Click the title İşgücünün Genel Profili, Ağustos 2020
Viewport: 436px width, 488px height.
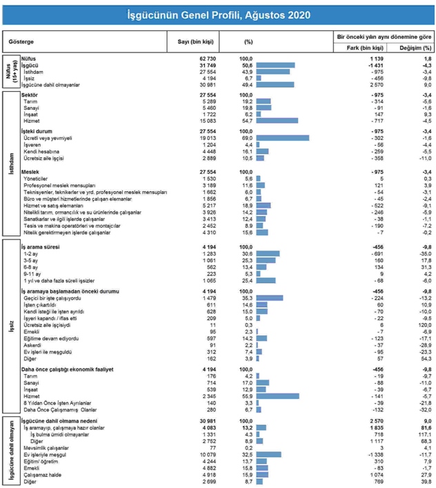click(218, 14)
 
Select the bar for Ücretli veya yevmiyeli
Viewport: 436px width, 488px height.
click(282, 137)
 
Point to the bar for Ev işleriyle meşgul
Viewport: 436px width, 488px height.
click(269, 456)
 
